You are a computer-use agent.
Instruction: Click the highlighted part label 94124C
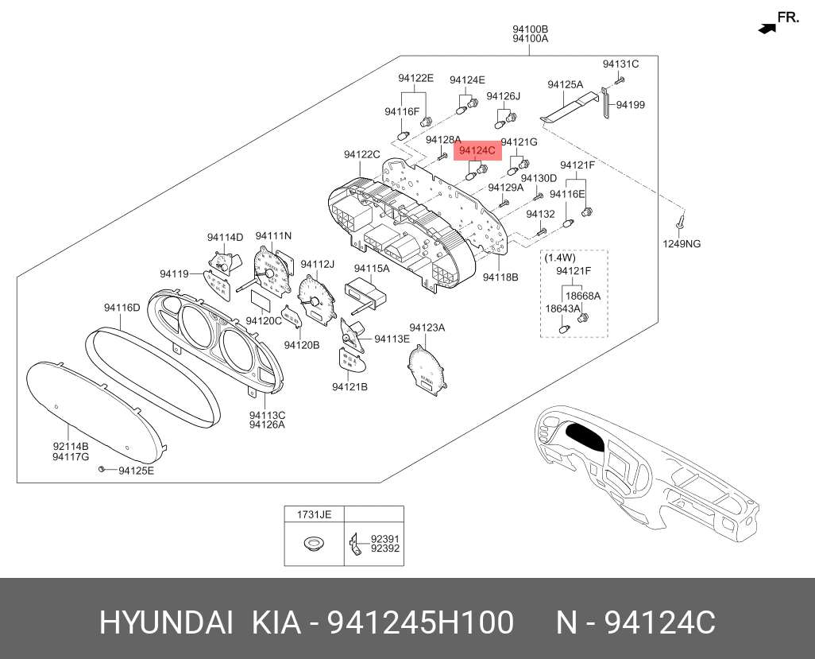[477, 150]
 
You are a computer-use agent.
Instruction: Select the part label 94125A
[565, 84]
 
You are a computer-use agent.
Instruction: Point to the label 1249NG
[682, 243]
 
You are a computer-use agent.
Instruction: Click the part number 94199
[631, 104]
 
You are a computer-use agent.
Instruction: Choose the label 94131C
[620, 64]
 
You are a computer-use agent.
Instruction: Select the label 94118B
[500, 277]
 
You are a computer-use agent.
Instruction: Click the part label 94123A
[427, 328]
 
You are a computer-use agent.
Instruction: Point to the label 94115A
[372, 269]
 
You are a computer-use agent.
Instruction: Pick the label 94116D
[122, 308]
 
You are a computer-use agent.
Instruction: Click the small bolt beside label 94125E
[102, 469]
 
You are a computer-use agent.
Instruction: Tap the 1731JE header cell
[315, 514]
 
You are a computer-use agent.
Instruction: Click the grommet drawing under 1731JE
[315, 544]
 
